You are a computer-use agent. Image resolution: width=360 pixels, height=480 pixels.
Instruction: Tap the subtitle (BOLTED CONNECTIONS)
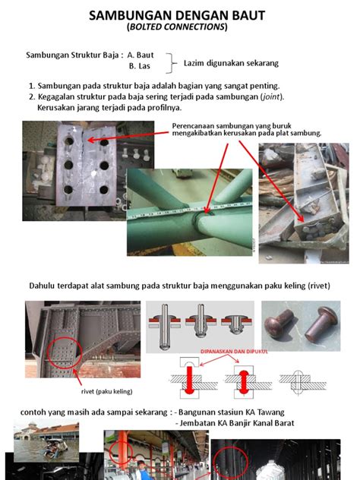tap(177, 27)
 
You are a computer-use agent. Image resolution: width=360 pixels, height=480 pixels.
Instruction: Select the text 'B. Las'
tap(140, 66)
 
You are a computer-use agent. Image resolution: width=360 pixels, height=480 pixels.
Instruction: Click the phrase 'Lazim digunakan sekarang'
tap(231, 63)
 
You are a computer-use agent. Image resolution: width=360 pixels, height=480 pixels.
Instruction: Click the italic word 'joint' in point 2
tap(271, 96)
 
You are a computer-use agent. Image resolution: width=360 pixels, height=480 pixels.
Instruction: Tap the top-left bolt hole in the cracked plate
tap(69, 141)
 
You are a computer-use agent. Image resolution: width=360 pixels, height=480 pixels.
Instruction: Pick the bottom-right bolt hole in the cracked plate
tap(104, 190)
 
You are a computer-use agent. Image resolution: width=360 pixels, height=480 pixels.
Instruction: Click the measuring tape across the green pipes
tap(190, 210)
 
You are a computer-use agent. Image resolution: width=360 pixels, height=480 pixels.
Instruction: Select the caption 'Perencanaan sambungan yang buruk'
tap(232, 126)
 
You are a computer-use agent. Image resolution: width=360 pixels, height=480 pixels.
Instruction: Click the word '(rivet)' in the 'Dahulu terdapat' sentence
tap(319, 286)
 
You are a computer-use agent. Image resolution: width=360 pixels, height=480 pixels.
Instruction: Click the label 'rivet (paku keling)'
tap(107, 392)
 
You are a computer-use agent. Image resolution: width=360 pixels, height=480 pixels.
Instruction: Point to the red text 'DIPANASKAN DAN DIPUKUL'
tap(234, 352)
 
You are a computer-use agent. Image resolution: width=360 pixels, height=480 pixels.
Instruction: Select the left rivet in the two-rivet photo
tap(279, 322)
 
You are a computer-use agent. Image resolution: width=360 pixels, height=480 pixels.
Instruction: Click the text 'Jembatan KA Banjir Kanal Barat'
tap(237, 423)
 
